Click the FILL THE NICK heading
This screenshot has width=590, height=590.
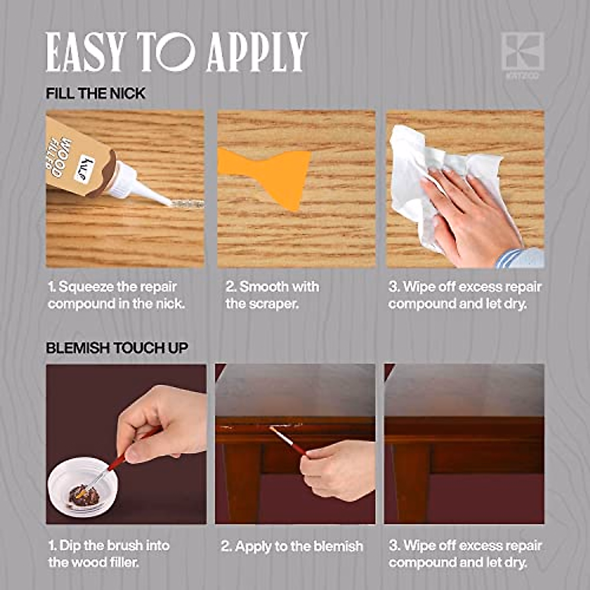pos(95,93)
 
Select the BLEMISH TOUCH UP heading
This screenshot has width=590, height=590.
pos(117,348)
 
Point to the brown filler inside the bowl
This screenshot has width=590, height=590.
pos(84,494)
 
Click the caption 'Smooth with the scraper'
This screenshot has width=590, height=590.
pos(272,295)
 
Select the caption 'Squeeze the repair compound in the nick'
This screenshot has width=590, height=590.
pos(116,295)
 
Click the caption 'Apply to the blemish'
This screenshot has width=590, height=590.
pos(292,546)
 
